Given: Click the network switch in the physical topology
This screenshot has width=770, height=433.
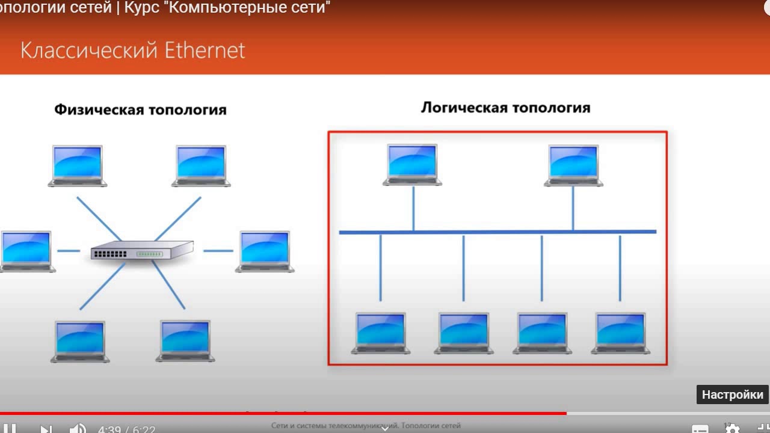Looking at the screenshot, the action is point(142,250).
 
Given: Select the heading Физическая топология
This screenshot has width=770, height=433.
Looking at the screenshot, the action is point(140,109).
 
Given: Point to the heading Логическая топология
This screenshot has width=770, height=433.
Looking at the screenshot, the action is point(505,108).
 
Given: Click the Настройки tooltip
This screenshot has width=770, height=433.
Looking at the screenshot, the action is point(732,395).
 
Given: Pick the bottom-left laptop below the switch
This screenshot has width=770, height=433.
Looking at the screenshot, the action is point(80,341).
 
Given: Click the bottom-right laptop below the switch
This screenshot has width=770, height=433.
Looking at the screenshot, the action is point(186,340).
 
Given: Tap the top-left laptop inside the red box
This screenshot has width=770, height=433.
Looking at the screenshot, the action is point(413,164).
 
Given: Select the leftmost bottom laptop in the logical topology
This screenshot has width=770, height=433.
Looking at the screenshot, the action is point(381,333).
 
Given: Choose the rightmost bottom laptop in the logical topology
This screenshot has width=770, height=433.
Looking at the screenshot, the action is point(621,333).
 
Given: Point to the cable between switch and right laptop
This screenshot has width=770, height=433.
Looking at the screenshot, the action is point(218,251).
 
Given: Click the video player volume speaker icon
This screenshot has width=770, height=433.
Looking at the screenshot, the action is point(78,429).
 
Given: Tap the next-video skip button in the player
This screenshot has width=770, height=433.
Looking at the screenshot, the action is point(46,429).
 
